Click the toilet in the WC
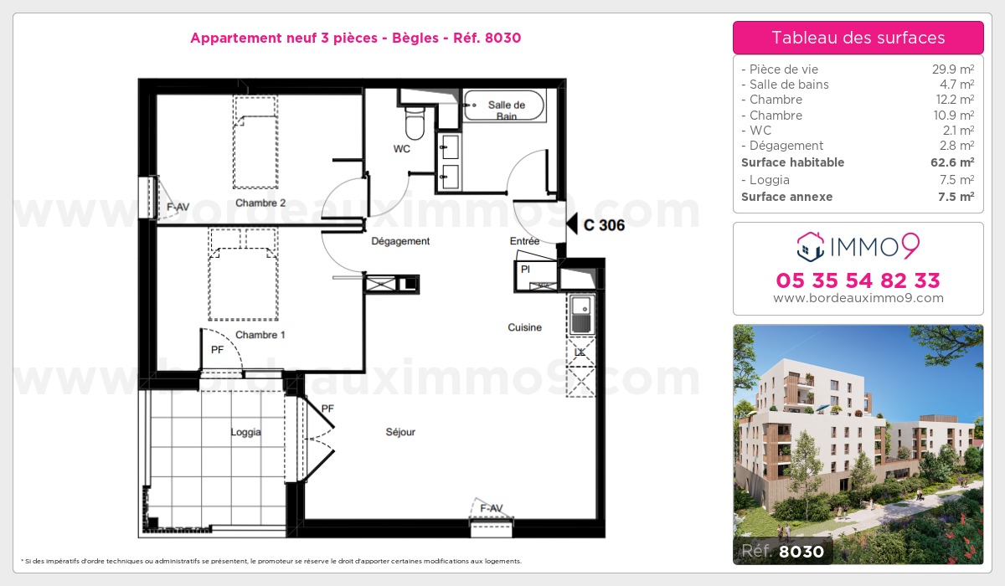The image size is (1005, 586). [415, 122]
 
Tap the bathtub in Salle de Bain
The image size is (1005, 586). [504, 105]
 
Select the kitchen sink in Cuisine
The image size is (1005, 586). [582, 316]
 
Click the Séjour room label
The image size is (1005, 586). [400, 432]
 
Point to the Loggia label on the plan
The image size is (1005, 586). [246, 432]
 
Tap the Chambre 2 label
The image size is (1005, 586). [260, 203]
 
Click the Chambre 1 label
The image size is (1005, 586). [260, 335]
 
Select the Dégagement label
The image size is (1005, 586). [400, 241]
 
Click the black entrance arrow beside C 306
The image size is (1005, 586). [572, 224]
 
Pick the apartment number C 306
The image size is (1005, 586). [604, 225]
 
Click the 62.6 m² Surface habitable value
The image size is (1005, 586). [952, 162]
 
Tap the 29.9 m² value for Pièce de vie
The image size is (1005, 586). [953, 69]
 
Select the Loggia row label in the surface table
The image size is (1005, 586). [770, 180]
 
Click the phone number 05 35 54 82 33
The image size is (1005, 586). [858, 280]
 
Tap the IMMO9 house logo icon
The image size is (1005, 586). [811, 247]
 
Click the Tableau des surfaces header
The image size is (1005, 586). [858, 38]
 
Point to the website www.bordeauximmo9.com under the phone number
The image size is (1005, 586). [858, 298]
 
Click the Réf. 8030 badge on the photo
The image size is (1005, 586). [783, 551]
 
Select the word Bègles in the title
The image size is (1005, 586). [415, 39]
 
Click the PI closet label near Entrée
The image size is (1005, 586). [525, 269]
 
